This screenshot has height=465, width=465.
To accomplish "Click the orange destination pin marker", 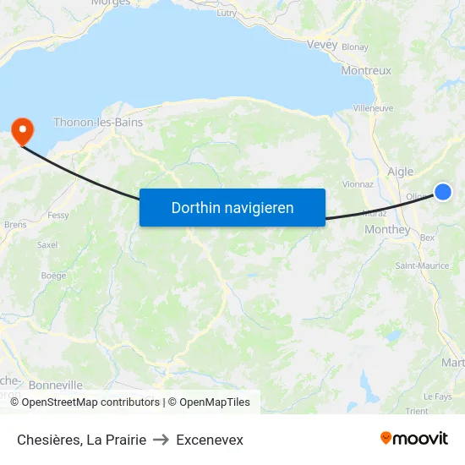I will click(x=20, y=129).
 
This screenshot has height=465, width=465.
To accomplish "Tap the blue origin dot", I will click(x=442, y=193).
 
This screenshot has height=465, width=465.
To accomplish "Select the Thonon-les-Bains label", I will click(x=98, y=122).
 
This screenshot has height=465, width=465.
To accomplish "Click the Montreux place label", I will click(x=366, y=71).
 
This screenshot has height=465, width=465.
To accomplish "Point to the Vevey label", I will click(x=322, y=45).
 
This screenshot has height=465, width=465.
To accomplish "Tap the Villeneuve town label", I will click(x=373, y=108).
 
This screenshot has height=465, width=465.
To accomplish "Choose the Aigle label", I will click(x=400, y=172).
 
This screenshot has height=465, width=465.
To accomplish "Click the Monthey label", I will click(x=386, y=229).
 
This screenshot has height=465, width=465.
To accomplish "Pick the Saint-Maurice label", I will click(x=423, y=265).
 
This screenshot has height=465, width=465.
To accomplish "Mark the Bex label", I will click(x=427, y=238).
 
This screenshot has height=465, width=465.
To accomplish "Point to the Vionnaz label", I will click(x=358, y=183).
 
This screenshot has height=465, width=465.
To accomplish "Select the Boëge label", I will click(x=53, y=275).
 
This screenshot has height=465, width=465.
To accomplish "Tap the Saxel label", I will click(x=48, y=244).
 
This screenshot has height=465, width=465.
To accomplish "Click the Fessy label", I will click(x=58, y=216).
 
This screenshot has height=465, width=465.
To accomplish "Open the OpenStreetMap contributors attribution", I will click(x=90, y=402).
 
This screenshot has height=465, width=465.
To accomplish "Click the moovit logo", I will click(x=414, y=439).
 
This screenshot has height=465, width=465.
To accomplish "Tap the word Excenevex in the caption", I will click(x=210, y=440).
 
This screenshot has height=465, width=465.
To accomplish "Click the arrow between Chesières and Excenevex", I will click(x=161, y=440).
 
